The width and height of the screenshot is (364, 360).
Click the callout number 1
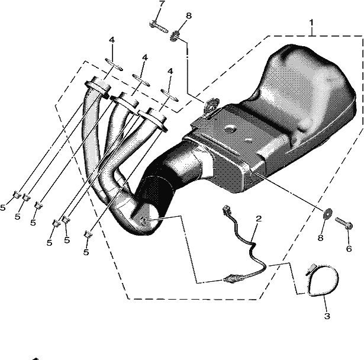pyautogui.click(x=311, y=23)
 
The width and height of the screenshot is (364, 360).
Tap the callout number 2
pyautogui.click(x=259, y=218)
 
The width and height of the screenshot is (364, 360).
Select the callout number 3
pyautogui.click(x=327, y=316)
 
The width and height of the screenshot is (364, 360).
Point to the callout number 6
pyautogui.click(x=349, y=249)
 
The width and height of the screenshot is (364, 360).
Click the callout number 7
pyautogui.click(x=162, y=4)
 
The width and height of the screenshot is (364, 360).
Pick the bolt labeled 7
pyautogui.click(x=158, y=27)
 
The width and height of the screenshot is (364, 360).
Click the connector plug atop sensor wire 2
pyautogui.click(x=226, y=210)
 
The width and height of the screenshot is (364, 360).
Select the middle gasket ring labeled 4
pyautogui.click(x=141, y=80)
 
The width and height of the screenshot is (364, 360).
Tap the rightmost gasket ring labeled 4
pyautogui.click(x=169, y=95)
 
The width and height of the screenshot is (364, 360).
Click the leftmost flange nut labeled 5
pyautogui.click(x=17, y=195)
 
